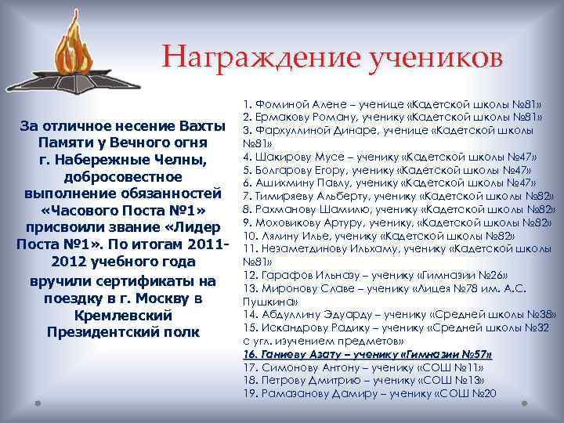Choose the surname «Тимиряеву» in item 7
tap(286, 195)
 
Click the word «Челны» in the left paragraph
tap(178, 161)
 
